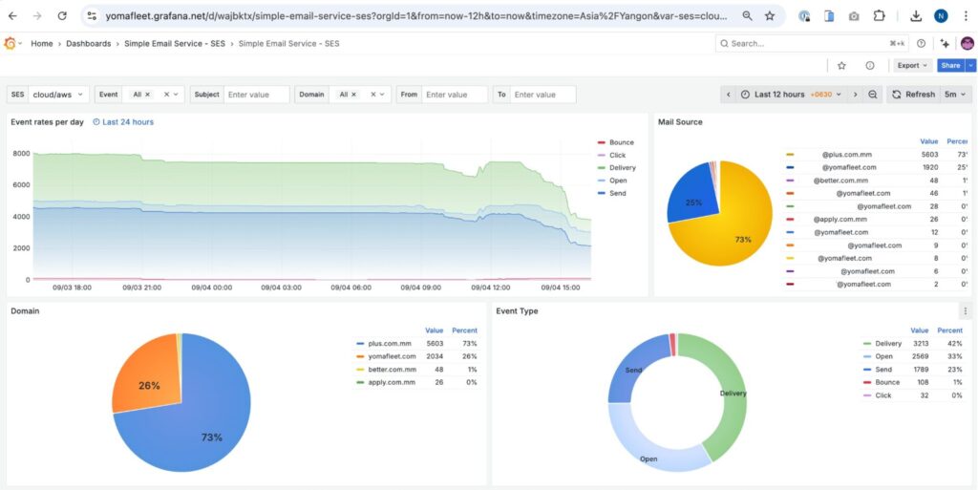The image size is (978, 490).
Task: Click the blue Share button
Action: (949, 66)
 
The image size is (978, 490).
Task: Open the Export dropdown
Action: (912, 66)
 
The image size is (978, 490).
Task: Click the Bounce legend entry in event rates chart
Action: (621, 142)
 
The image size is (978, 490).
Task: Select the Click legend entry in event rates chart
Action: (617, 155)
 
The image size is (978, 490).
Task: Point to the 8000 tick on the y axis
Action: (21, 154)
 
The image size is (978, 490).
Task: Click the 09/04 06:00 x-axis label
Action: (352, 287)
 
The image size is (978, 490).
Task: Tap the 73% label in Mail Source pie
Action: (743, 240)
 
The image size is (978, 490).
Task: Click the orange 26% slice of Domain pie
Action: (149, 385)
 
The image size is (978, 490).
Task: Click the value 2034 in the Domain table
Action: (435, 356)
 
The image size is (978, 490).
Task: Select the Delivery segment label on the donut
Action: (733, 393)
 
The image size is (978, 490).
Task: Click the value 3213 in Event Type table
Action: (920, 344)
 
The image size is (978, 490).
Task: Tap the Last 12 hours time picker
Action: (779, 95)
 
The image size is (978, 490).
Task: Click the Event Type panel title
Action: (517, 311)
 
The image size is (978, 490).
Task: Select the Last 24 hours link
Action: (128, 122)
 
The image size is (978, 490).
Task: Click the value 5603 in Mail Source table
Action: (929, 154)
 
